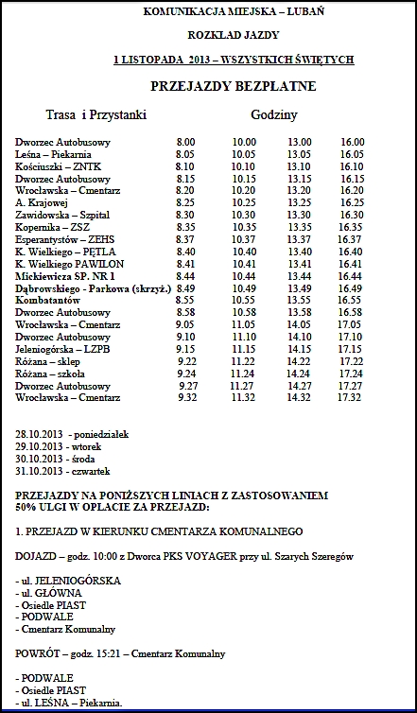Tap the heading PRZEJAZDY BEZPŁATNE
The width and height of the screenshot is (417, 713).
(x=233, y=87)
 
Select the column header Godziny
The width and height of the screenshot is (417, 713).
(x=274, y=114)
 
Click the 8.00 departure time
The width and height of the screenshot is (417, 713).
(x=185, y=142)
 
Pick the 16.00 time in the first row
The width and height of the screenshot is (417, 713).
(x=352, y=142)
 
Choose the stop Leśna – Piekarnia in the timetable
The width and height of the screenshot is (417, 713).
(x=53, y=154)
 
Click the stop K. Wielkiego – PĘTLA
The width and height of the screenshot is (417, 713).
(x=60, y=252)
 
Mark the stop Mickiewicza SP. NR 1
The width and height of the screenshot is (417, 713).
(x=64, y=275)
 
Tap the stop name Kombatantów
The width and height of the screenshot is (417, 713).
(x=47, y=300)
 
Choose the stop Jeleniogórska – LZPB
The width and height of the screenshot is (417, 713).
(x=61, y=349)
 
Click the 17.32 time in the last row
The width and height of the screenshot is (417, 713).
(x=349, y=398)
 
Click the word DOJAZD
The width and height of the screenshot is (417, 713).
(x=37, y=558)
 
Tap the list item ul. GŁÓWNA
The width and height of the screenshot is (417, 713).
(x=48, y=593)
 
